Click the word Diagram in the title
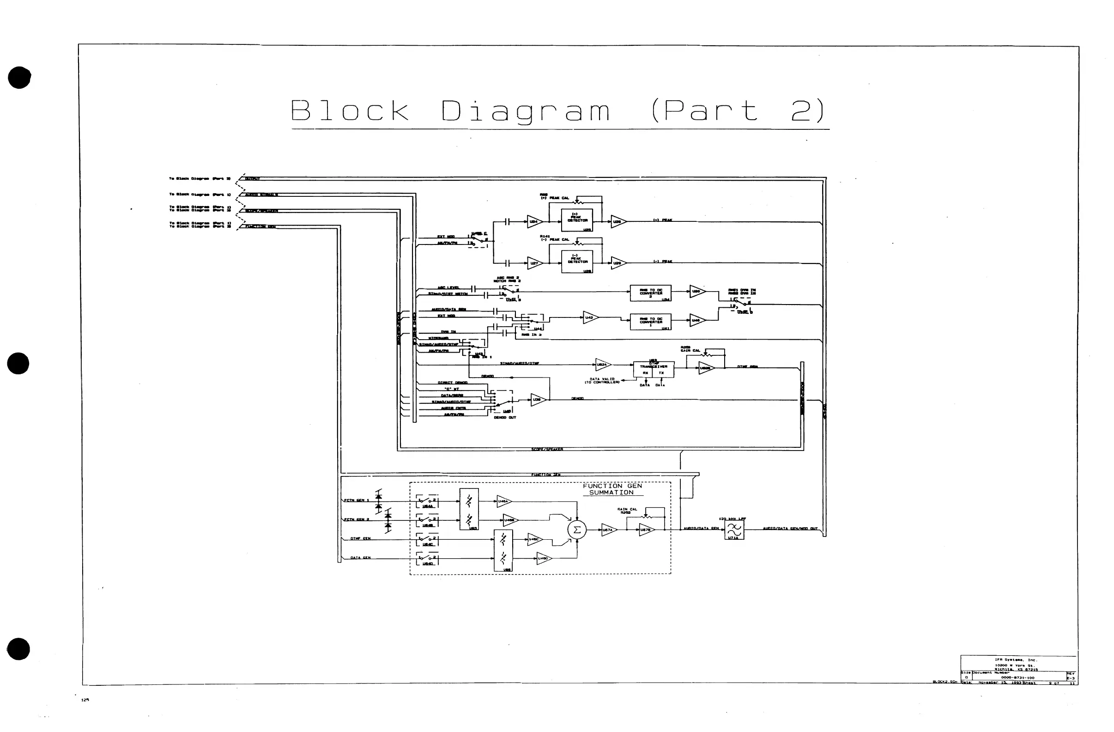[526, 111]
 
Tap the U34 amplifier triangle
[534, 221]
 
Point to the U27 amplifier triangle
[534, 263]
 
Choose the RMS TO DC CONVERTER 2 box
[651, 293]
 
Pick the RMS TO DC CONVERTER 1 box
[651, 322]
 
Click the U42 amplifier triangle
[590, 317]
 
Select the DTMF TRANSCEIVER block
[654, 369]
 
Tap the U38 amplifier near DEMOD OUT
[538, 399]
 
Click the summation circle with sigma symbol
[577, 530]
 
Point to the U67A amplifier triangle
[608, 530]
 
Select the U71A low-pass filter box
[733, 530]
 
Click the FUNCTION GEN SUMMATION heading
[612, 489]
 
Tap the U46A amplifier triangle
[503, 501]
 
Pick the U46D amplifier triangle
[544, 558]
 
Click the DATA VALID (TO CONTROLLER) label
[602, 381]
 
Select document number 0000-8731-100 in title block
[1017, 677]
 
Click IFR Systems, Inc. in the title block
[1016, 660]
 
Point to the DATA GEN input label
[360, 558]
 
